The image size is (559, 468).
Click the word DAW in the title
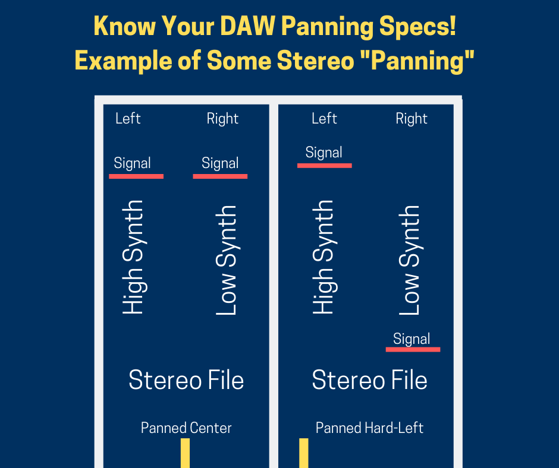tap(247, 26)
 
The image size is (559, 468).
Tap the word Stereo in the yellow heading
tap(315, 61)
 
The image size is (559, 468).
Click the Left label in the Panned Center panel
tap(128, 119)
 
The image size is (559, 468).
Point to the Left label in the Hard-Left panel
tap(324, 119)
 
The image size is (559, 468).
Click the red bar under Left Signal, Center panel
tap(136, 176)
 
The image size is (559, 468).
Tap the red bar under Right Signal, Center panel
tap(220, 176)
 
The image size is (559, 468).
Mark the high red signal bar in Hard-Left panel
tap(325, 166)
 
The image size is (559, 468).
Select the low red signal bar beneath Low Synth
tap(413, 349)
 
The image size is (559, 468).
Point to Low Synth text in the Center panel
tap(227, 260)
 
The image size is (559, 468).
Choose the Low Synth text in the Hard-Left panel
tap(409, 260)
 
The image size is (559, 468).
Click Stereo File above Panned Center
tap(186, 380)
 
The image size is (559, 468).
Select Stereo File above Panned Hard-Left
tap(370, 380)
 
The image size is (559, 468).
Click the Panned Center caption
tap(186, 428)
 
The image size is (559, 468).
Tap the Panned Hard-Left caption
tap(369, 428)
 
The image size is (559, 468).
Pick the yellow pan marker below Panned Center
tap(185, 453)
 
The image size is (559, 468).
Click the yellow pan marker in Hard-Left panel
tap(304, 453)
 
